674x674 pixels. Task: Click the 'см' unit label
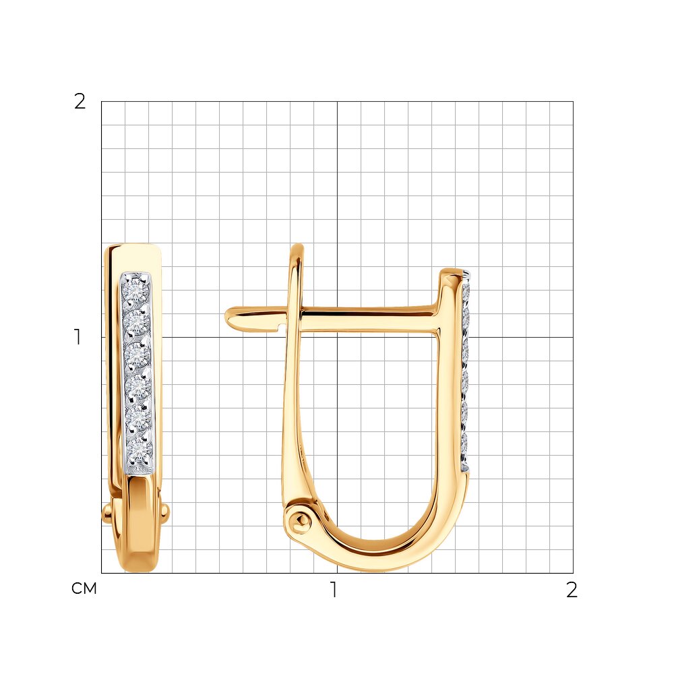pyautogui.click(x=84, y=588)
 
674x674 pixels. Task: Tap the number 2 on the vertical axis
pyautogui.click(x=80, y=102)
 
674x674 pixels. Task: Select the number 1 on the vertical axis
pyautogui.click(x=78, y=337)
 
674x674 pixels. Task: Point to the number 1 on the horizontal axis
pyautogui.click(x=333, y=590)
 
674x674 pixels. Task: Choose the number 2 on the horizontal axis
pyautogui.click(x=572, y=590)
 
